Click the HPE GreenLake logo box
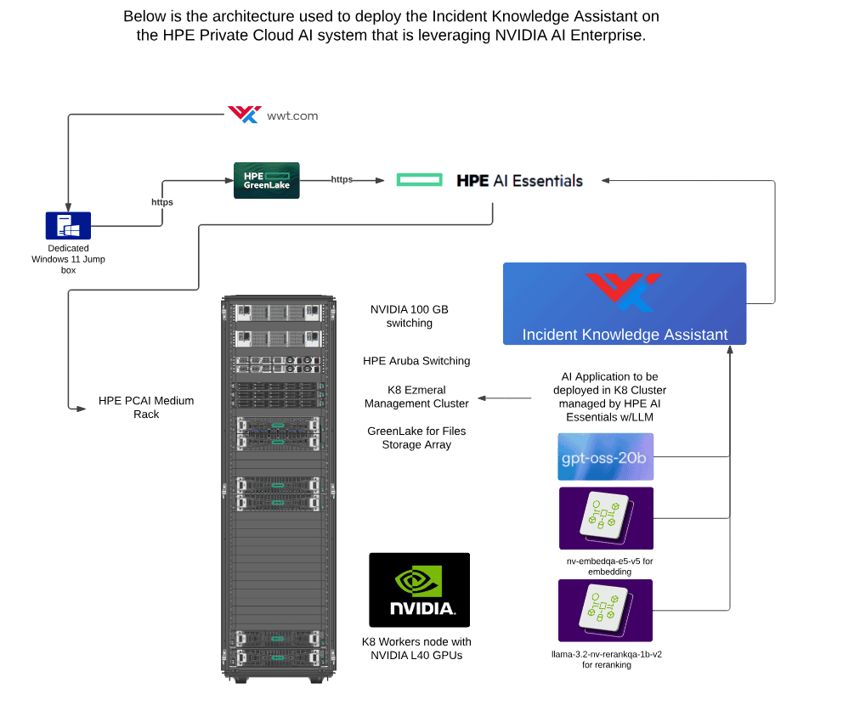267,180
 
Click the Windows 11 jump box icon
68,225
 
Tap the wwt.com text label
292,116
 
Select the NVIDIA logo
420,589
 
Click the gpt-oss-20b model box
606,457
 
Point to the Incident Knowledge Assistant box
625,304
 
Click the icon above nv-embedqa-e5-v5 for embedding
606,518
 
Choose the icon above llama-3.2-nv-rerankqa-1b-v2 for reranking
606,610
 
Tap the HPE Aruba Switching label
416,361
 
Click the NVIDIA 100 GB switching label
409,316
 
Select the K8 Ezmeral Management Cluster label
416,397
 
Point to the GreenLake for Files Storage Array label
416,437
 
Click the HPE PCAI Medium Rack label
146,408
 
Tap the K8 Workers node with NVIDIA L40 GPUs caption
416,649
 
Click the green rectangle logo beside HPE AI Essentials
420,180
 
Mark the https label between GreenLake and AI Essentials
342,179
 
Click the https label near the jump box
161,202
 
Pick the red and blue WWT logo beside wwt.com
245,115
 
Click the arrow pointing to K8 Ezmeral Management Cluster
505,398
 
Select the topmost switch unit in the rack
278,313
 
